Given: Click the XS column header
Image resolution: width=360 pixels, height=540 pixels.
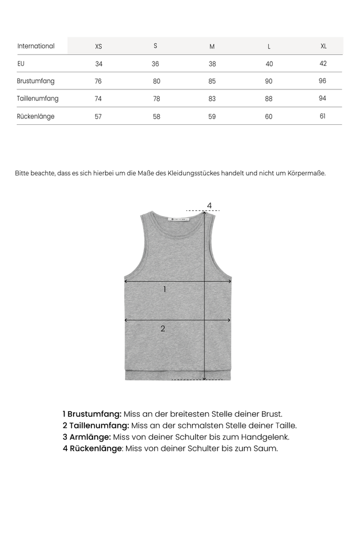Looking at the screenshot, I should (99, 46).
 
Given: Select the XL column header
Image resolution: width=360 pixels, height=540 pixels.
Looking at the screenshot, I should (323, 46).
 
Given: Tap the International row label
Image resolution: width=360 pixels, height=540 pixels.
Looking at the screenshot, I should (36, 46).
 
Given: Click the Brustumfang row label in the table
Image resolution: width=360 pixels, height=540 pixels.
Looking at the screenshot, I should (36, 81).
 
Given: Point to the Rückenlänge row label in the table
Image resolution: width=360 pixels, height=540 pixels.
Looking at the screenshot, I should (36, 116).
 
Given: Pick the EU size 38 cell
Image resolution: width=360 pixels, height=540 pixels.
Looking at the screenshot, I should (212, 64).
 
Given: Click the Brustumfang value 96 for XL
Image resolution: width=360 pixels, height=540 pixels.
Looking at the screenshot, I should (322, 81).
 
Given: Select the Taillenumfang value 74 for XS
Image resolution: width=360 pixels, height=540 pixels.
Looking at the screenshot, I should (98, 99).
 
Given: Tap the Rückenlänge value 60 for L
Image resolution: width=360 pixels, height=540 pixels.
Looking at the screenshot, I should (269, 116).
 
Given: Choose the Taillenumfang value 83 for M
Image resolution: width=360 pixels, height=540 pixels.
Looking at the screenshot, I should (212, 99).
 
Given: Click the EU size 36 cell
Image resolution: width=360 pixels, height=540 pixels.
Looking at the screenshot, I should (155, 64).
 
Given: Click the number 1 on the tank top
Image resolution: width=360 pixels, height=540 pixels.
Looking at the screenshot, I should (165, 290).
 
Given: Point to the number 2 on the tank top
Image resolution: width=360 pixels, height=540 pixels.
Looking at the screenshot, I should (163, 328).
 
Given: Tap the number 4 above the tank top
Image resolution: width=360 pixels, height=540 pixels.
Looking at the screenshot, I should (209, 205).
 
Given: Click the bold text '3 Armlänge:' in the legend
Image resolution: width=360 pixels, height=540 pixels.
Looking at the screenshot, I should (87, 437).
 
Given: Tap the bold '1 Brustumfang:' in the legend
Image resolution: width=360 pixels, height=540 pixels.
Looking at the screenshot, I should (92, 414).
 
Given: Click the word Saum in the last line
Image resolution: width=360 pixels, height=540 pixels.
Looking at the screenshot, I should (266, 448).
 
